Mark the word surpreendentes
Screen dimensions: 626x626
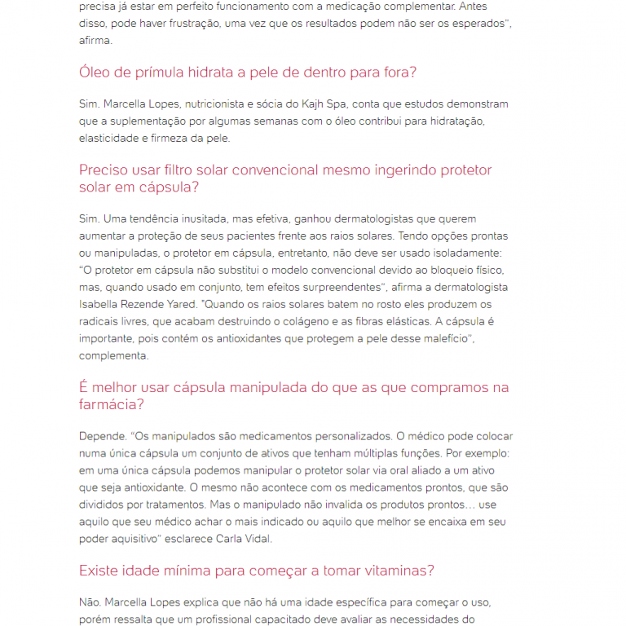[333, 287]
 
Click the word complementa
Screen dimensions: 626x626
[113, 355]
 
